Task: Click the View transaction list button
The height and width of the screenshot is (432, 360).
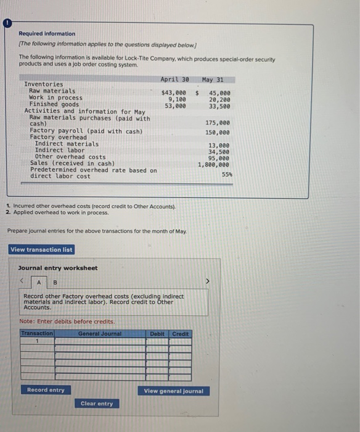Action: pyautogui.click(x=41, y=249)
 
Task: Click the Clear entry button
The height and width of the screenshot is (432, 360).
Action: pyautogui.click(x=97, y=404)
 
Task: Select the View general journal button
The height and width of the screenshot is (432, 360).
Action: pyautogui.click(x=173, y=391)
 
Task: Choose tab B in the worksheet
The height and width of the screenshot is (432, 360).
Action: pyautogui.click(x=54, y=283)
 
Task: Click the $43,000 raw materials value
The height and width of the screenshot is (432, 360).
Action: pyautogui.click(x=173, y=93)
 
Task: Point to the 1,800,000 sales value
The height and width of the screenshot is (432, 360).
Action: pyautogui.click(x=213, y=165)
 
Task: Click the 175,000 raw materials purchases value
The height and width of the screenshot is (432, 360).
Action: pyautogui.click(x=219, y=122)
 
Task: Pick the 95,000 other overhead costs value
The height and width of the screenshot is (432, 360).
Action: pyautogui.click(x=219, y=157)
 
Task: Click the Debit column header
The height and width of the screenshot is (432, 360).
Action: pyautogui.click(x=157, y=334)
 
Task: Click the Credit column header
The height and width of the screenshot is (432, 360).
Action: pyautogui.click(x=180, y=334)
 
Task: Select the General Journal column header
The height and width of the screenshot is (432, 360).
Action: pyautogui.click(x=100, y=334)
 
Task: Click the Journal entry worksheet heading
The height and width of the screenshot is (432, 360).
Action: pyautogui.click(x=58, y=268)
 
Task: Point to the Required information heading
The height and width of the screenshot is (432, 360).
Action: pyautogui.click(x=47, y=33)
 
